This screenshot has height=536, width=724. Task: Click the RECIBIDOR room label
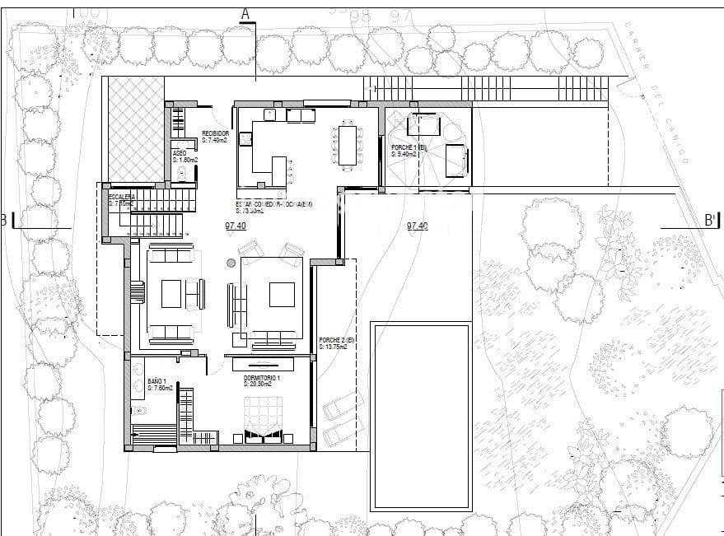point(215,133)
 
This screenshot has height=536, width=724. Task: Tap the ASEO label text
point(179,153)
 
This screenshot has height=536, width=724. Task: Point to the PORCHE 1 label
point(409,147)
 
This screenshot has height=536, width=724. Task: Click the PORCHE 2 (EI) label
point(336,340)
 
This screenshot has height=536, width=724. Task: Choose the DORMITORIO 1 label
point(262,377)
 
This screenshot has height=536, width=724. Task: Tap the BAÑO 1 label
point(158,381)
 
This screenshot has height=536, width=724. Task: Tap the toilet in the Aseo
point(183,174)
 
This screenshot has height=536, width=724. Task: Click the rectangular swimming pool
point(422,416)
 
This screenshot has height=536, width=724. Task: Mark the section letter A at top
point(245,12)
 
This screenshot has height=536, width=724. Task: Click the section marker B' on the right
point(710,220)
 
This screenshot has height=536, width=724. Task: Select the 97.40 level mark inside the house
point(236,226)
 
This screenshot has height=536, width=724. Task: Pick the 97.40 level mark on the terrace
point(417,226)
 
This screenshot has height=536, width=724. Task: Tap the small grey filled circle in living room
point(231,263)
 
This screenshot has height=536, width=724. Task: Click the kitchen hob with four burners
point(245,139)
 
